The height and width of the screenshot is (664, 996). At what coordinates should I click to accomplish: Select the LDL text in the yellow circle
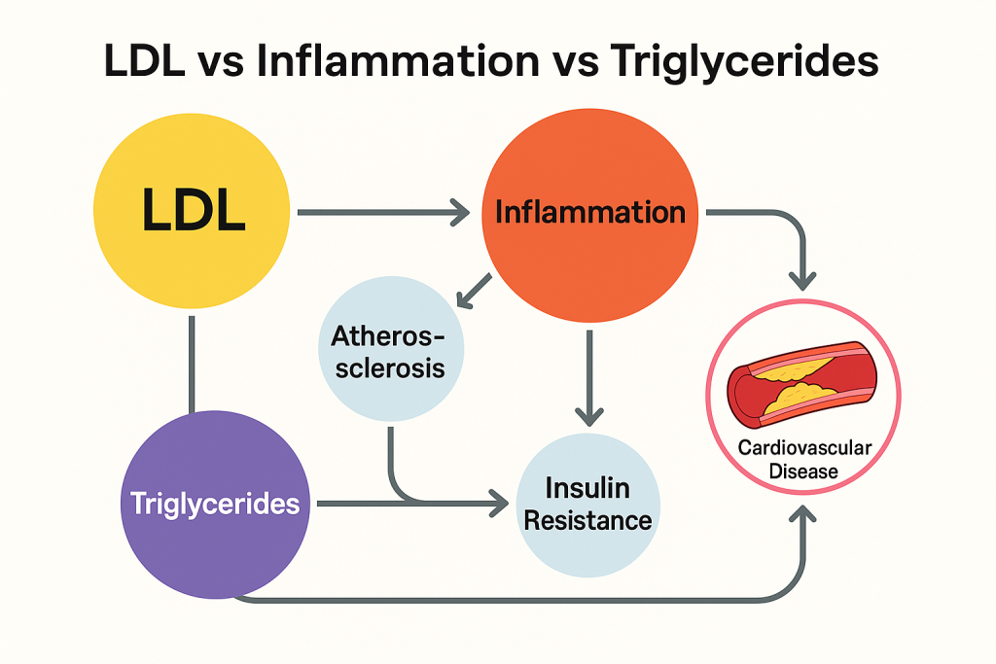point(193,212)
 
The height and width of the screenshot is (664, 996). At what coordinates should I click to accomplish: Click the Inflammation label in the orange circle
point(589,212)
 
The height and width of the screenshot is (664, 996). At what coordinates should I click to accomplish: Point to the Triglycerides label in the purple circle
point(215,505)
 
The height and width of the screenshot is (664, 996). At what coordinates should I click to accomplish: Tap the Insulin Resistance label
point(587,504)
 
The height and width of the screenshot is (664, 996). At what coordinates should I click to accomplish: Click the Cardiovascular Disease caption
point(803,459)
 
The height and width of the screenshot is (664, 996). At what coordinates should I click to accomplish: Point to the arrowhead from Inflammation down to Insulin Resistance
point(588,415)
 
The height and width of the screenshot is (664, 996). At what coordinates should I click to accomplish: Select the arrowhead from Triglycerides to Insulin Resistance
point(498,504)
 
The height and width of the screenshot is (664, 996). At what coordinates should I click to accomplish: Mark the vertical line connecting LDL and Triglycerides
point(193,362)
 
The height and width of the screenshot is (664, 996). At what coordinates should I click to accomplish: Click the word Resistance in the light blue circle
point(587,519)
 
